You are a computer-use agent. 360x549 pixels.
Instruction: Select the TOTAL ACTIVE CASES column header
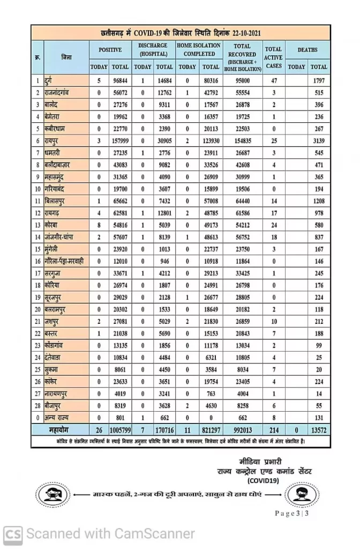click(x=273, y=57)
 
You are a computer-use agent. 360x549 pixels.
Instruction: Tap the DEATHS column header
click(x=307, y=50)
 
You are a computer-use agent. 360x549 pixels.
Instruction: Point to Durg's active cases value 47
click(x=273, y=80)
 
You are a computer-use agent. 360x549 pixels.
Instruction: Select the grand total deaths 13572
click(x=318, y=431)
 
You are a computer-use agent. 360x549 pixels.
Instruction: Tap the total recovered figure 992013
click(x=242, y=431)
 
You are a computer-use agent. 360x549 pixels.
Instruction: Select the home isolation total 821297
click(x=211, y=431)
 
